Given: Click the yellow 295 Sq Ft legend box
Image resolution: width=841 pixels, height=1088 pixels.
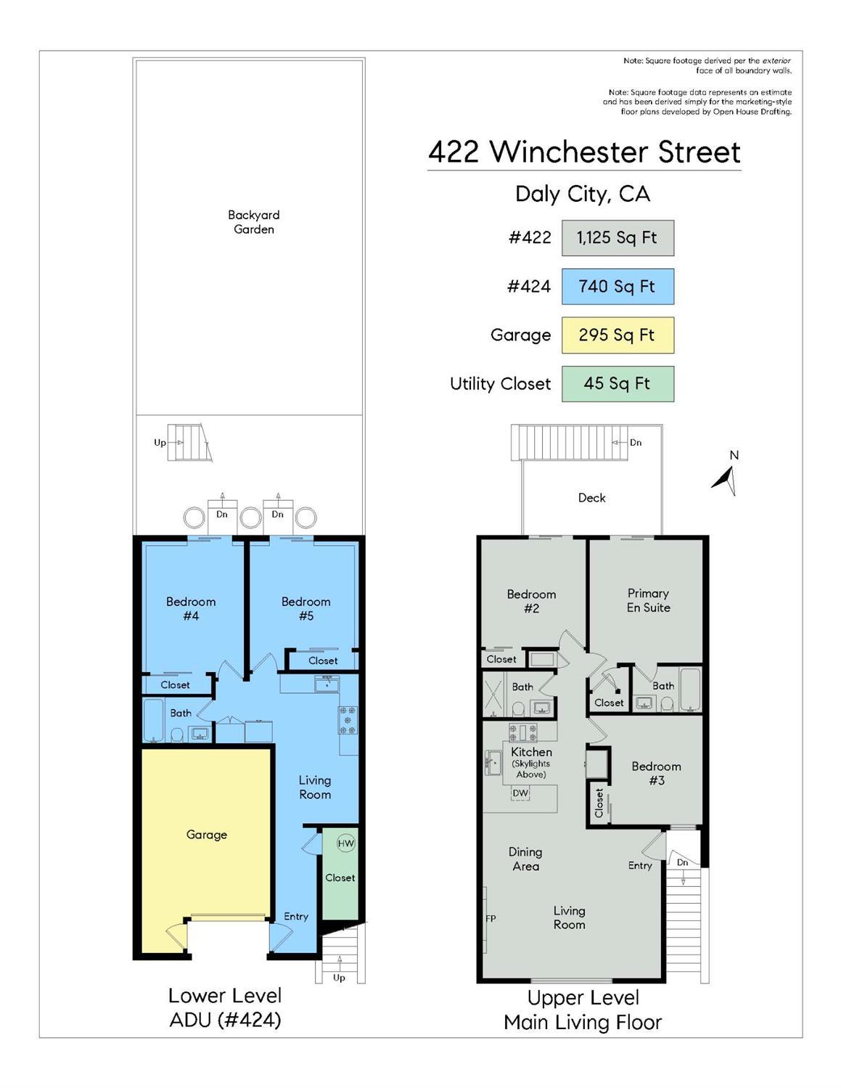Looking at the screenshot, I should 618,335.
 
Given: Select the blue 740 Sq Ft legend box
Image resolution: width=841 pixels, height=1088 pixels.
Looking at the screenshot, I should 618,287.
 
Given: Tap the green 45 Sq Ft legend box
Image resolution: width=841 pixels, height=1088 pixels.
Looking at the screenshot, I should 618,384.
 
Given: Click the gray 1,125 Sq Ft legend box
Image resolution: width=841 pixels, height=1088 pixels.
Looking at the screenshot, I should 618,238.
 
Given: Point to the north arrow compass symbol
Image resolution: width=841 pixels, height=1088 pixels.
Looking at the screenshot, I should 726,478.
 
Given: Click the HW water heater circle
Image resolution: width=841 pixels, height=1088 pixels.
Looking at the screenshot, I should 345,843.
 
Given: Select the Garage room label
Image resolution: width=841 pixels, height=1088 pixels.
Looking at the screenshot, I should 207,835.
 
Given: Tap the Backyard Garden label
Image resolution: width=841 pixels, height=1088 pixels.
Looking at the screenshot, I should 253,222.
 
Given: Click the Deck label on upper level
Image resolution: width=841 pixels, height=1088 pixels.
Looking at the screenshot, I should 591,498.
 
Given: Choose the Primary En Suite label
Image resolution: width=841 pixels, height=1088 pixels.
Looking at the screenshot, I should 648,600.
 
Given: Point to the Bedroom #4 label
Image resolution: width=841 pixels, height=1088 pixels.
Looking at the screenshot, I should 191,608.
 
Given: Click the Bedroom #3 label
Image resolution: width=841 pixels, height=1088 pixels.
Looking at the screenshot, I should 656,773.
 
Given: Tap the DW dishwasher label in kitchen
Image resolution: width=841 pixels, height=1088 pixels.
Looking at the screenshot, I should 520,793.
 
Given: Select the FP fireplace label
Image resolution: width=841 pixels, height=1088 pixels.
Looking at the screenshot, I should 491,919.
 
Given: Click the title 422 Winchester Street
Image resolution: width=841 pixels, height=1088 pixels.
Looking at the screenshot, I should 584,152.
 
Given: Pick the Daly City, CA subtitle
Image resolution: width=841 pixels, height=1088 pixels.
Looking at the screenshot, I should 583,194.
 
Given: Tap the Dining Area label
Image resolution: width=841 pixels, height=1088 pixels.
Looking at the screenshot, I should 525,859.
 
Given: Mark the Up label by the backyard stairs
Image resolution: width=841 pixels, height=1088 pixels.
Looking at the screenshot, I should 160,443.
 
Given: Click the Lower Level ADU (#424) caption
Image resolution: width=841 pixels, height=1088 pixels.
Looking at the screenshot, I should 225,1007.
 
